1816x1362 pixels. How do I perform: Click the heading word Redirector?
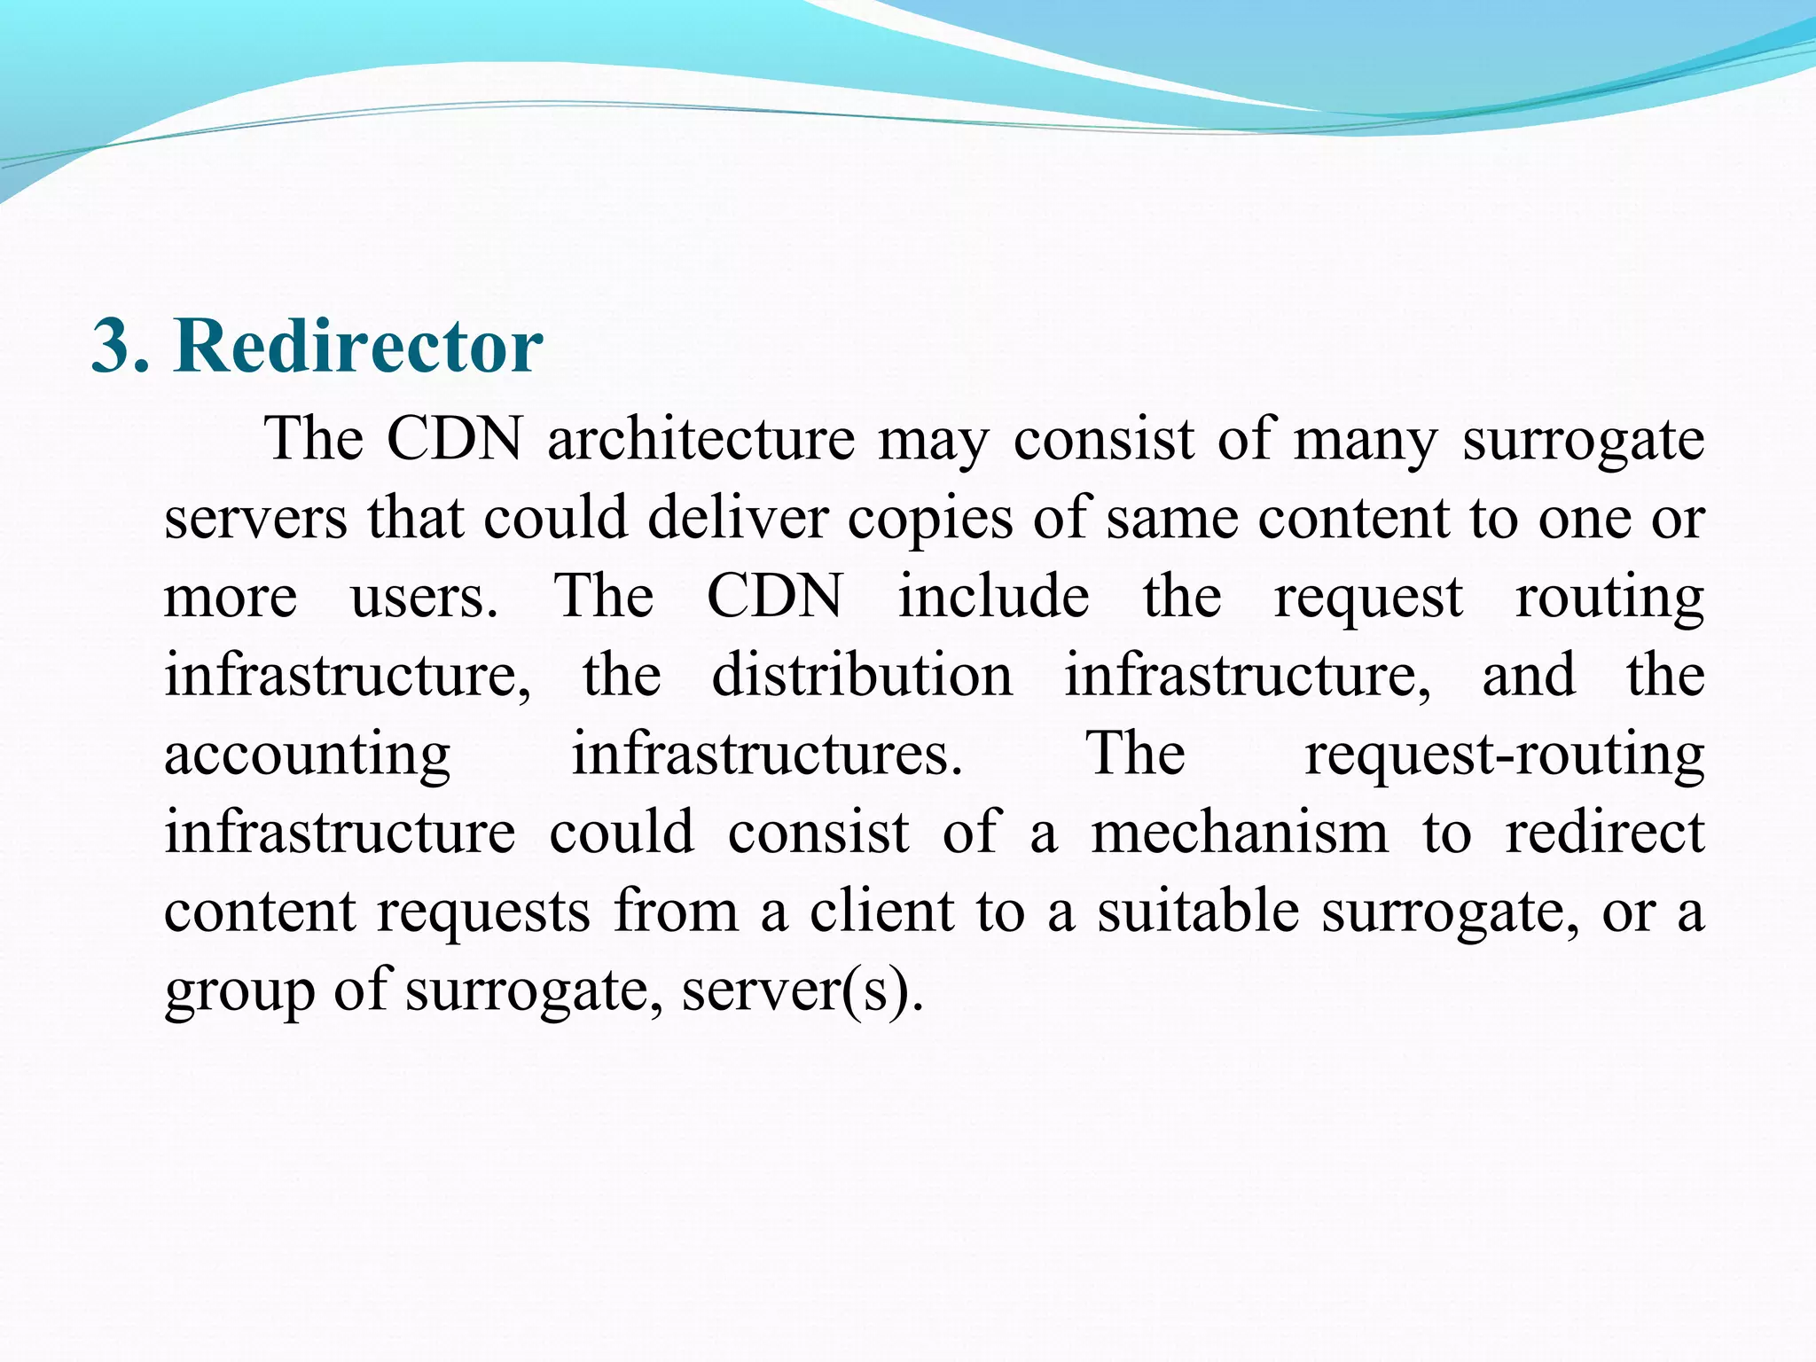point(358,345)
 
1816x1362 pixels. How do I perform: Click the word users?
point(424,597)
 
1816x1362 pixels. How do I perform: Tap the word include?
point(993,596)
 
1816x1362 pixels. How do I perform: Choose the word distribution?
point(862,675)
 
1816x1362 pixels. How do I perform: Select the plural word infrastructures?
point(767,754)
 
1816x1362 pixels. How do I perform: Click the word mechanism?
point(1239,833)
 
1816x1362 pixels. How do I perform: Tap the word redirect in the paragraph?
point(1605,833)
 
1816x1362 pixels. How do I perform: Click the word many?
point(1365,442)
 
